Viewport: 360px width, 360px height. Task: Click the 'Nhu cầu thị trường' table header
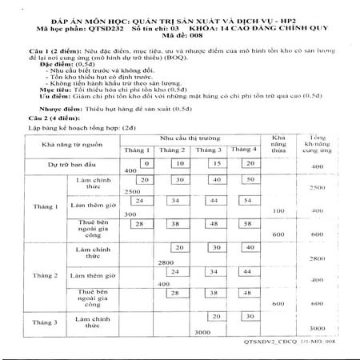(190, 138)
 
